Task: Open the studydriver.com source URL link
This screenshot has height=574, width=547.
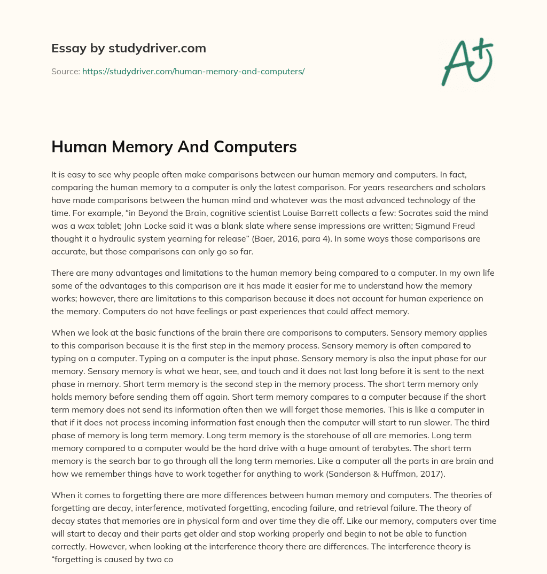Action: point(193,71)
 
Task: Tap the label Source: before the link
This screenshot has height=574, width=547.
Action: point(65,71)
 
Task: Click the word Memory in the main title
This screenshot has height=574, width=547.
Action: point(134,147)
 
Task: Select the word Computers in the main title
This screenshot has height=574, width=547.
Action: point(256,147)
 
